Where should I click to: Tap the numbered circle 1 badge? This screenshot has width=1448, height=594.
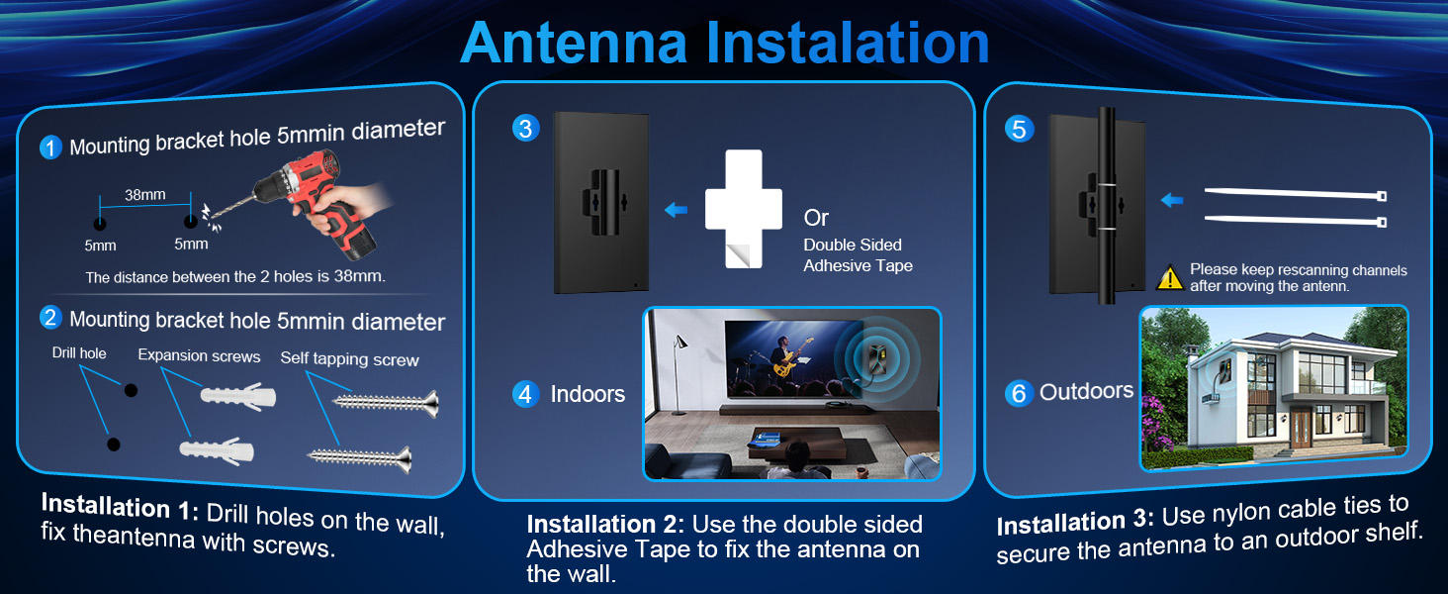pos(50,148)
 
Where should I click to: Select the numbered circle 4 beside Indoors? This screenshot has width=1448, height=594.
pos(525,394)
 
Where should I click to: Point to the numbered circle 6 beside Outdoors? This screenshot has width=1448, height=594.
pos(1018,393)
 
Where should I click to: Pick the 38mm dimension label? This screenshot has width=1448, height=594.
pos(144,195)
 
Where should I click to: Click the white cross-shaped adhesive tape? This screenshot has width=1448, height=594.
pos(743,208)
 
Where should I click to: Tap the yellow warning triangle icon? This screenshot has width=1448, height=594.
pos(1170,277)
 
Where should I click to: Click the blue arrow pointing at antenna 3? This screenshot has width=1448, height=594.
pos(676,210)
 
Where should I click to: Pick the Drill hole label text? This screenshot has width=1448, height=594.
pos(79,353)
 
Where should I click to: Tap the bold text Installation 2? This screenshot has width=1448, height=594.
pos(605,525)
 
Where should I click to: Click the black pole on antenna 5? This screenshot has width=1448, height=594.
pos(1106,198)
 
